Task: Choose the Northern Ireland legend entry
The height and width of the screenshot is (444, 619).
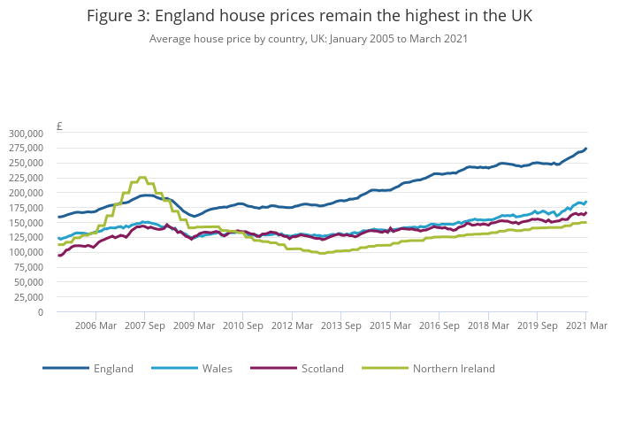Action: click(x=454, y=368)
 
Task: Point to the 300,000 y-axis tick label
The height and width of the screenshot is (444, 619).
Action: click(x=26, y=133)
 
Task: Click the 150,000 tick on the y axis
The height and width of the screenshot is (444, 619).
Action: click(x=26, y=222)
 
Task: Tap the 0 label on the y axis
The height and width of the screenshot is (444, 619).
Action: click(x=40, y=311)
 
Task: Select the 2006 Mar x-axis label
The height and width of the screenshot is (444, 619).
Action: click(x=96, y=325)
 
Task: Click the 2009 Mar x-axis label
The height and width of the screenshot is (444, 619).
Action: click(x=194, y=325)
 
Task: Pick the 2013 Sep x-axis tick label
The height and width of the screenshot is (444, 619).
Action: click(x=340, y=325)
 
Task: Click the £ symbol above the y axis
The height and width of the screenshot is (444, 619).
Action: click(x=59, y=126)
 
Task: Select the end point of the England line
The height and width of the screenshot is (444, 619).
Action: click(x=585, y=149)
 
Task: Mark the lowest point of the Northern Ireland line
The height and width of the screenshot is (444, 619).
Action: click(x=323, y=253)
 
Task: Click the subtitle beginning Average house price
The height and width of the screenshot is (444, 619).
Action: click(x=309, y=39)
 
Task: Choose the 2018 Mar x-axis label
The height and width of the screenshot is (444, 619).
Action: click(x=487, y=325)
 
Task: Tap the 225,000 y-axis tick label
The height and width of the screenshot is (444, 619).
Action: click(x=26, y=177)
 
